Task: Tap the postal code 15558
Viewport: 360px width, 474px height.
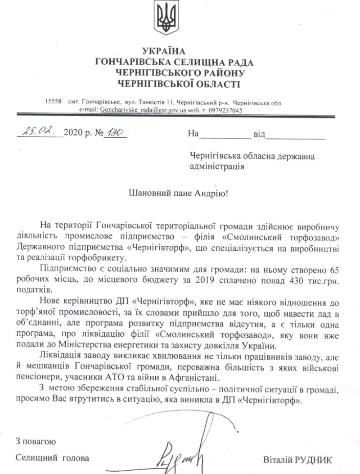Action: coord(53,103)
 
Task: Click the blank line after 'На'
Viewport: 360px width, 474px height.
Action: coord(224,135)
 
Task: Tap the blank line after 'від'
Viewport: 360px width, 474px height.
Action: coord(296,135)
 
